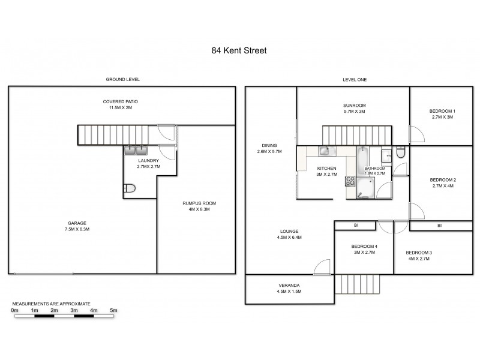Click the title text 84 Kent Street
pyautogui.click(x=239, y=51)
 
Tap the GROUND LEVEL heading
pyautogui.click(x=122, y=80)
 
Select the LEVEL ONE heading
pyautogui.click(x=354, y=80)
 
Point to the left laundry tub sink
pyautogui.click(x=130, y=151)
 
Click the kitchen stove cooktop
pyautogui.click(x=349, y=181)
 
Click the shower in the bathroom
pyautogui.click(x=364, y=191)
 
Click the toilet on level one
pyautogui.click(x=401, y=155)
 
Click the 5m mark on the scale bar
pyautogui.click(x=113, y=310)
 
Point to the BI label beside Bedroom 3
pyautogui.click(x=439, y=226)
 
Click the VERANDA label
pyautogui.click(x=289, y=285)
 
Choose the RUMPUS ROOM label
pyautogui.click(x=199, y=203)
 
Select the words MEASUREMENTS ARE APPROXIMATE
pyautogui.click(x=51, y=304)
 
